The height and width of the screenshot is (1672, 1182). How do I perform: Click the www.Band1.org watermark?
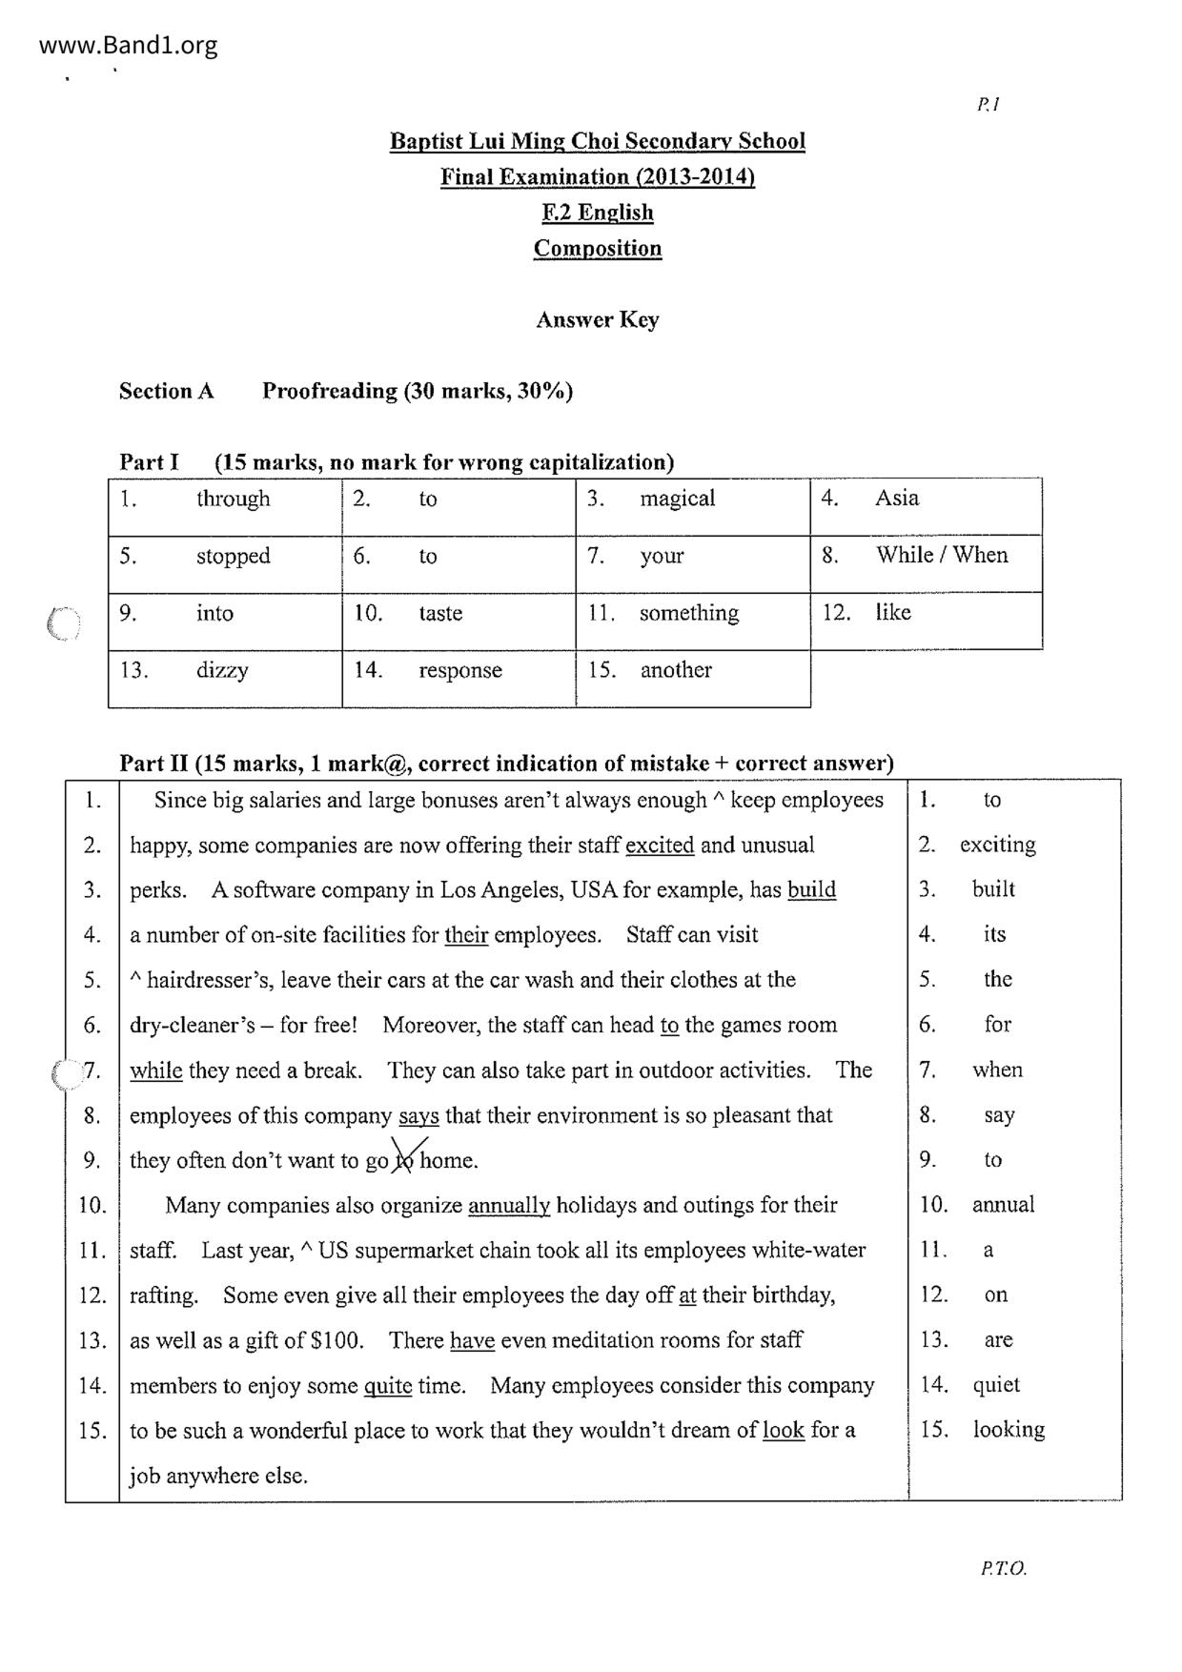[129, 46]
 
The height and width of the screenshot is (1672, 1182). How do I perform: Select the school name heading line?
[597, 142]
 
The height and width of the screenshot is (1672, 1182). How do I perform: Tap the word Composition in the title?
[597, 249]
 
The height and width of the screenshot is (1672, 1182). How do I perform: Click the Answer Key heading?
[597, 319]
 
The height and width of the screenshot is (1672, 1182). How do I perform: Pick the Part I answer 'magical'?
[677, 499]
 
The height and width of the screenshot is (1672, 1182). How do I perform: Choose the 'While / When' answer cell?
[942, 555]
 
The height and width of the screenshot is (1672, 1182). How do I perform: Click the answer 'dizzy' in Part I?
[222, 670]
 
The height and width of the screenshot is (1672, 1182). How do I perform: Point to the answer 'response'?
[459, 670]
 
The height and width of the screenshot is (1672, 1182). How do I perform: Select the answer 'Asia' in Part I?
[897, 498]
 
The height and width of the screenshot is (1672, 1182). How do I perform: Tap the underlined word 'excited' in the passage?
[660, 846]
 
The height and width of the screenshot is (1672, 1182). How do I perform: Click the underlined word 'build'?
[811, 890]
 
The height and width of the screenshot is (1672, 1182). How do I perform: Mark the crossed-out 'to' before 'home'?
[407, 1160]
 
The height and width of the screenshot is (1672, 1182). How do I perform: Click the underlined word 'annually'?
[509, 1206]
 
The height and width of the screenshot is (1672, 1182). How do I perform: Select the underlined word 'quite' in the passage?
[387, 1386]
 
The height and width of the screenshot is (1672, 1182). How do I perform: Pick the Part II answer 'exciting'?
[997, 845]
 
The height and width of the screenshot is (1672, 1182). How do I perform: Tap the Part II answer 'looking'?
[1009, 1430]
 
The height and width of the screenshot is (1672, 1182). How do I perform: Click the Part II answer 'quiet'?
[996, 1385]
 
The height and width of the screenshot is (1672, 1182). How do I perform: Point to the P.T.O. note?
[1002, 1569]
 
